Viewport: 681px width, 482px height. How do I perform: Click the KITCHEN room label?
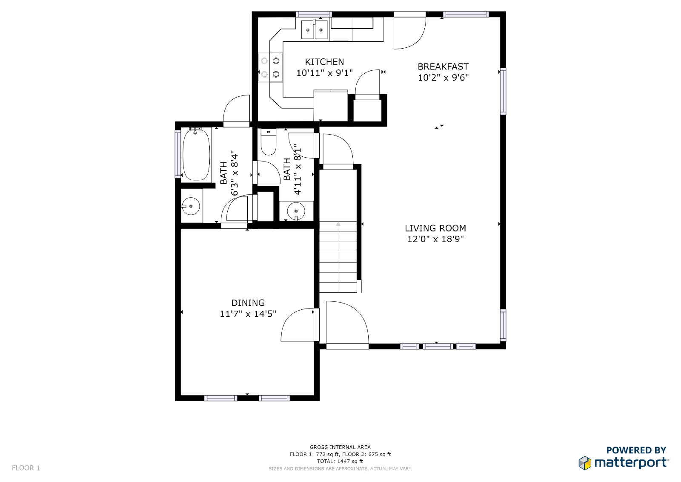coord(324,62)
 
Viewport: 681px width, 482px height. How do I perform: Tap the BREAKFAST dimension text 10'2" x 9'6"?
coord(443,78)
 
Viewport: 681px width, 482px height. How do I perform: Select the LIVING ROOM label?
coord(435,228)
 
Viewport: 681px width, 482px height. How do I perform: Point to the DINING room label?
coord(248,303)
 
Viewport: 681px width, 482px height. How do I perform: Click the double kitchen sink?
coord(315,29)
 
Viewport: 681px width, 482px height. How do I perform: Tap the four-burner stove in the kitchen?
coord(271,67)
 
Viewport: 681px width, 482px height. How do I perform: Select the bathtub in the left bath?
coord(196,154)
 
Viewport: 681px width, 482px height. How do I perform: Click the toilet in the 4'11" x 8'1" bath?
coord(269,143)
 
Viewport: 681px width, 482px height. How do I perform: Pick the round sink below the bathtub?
coord(191,206)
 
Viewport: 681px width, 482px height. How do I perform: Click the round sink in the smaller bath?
coord(296,211)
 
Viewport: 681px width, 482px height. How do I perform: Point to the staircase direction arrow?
coord(338,224)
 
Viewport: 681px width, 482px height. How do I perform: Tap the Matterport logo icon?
coord(585,463)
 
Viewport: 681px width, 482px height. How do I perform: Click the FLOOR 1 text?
coord(26,468)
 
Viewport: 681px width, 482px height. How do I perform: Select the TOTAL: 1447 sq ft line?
coord(340,461)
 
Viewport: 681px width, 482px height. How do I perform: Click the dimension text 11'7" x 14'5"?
coord(248,314)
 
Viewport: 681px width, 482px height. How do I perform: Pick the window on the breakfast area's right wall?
coord(503,91)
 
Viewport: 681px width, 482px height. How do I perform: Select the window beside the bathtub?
coord(178,153)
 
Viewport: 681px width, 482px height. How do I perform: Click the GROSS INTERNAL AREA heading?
coord(340,447)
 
